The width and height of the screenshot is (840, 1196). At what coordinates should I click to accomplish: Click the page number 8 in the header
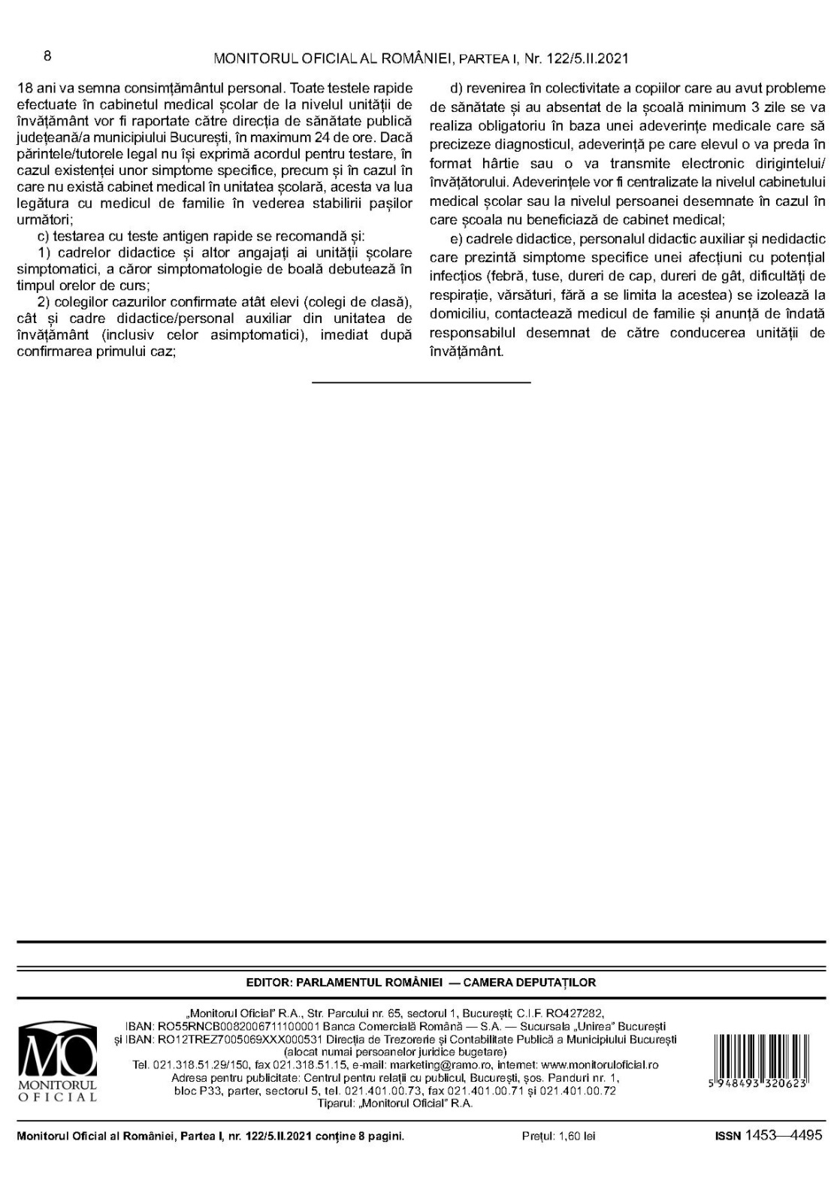pos(47,56)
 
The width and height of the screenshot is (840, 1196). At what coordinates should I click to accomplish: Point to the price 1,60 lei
pos(558,1137)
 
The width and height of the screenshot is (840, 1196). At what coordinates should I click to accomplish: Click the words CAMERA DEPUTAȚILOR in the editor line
pos(530,982)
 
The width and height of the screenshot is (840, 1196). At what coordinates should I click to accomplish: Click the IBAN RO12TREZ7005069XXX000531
pos(248,1039)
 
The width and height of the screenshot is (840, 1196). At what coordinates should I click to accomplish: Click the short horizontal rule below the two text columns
pos(421,382)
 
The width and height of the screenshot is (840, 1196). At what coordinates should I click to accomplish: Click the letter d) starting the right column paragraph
pos(455,89)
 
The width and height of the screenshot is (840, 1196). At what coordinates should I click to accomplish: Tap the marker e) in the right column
pos(455,239)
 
